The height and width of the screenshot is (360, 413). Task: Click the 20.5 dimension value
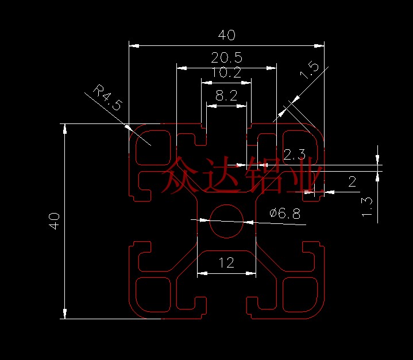tap(226, 57)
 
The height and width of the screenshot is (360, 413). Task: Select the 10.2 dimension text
tap(226, 72)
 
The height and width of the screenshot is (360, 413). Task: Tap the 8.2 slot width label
tap(226, 95)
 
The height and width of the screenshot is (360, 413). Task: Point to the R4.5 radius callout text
tap(108, 97)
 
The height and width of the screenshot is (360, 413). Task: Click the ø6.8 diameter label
tap(285, 214)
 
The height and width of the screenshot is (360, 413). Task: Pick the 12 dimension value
tap(226, 262)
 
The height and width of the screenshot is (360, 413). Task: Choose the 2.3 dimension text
tap(294, 154)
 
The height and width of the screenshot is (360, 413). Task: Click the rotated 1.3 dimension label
tap(367, 207)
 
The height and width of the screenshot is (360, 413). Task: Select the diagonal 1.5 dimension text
tap(310, 70)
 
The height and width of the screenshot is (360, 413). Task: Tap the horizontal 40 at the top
tap(227, 35)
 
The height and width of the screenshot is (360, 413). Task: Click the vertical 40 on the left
tap(54, 221)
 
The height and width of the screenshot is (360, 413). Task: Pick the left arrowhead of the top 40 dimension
tap(134, 46)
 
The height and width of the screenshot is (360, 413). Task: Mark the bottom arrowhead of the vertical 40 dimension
tap(65, 313)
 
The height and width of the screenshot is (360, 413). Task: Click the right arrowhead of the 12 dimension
tap(251, 273)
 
